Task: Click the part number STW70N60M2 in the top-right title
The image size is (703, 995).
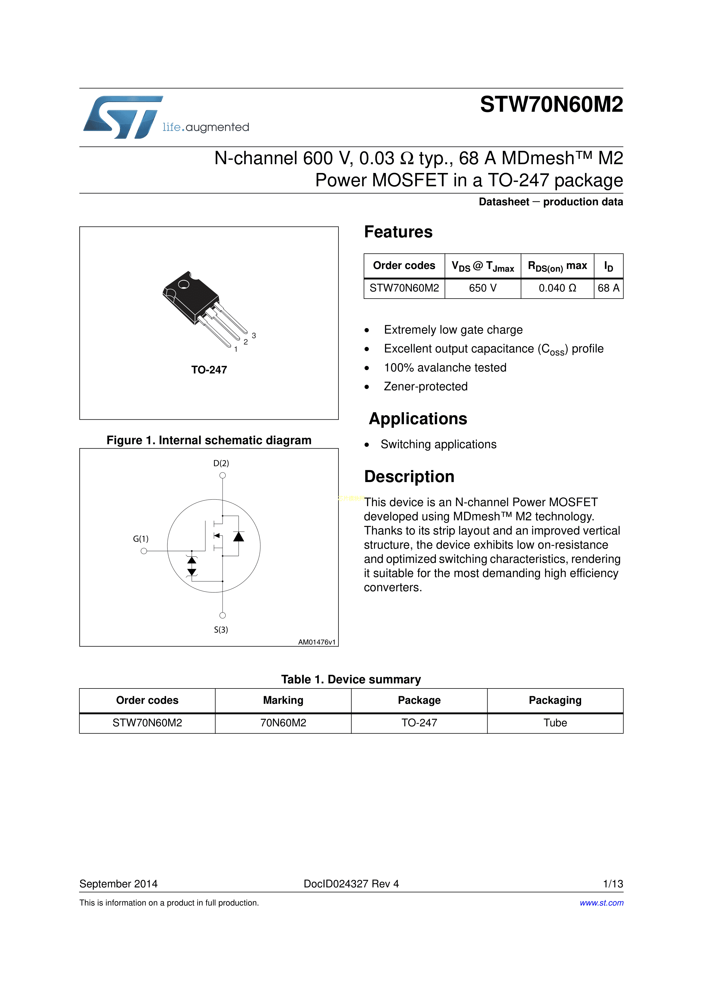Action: tap(551, 104)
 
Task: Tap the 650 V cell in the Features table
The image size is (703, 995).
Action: tap(482, 288)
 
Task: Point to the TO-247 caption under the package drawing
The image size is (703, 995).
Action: tap(209, 370)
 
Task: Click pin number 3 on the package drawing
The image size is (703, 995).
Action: tap(254, 335)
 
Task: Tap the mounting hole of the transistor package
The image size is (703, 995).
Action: tap(184, 284)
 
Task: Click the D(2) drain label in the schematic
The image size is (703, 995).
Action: tap(221, 463)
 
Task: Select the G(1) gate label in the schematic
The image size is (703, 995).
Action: tap(141, 539)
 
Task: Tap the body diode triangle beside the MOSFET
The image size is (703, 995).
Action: tap(238, 537)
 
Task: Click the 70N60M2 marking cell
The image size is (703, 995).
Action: tap(283, 723)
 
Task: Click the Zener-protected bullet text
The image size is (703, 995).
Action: tap(425, 386)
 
